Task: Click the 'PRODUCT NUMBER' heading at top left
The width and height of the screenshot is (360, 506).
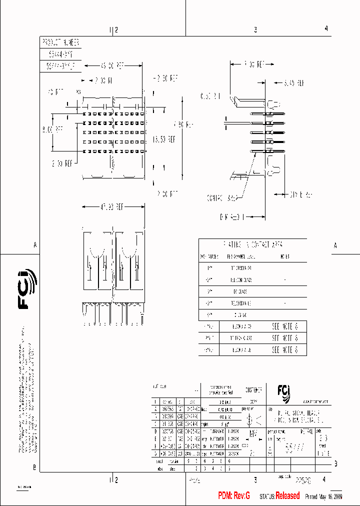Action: [59, 43]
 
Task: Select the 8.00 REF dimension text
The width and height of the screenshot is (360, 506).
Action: [52, 129]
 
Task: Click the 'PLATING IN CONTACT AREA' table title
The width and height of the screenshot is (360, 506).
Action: [253, 245]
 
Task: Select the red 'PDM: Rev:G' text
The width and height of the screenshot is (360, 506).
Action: [234, 495]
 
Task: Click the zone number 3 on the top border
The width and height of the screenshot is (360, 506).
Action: [255, 30]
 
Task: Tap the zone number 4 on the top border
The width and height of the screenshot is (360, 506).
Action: [326, 29]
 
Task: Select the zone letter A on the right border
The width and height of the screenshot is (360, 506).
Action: [335, 245]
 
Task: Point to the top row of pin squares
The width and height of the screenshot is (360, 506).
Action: [114, 113]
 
